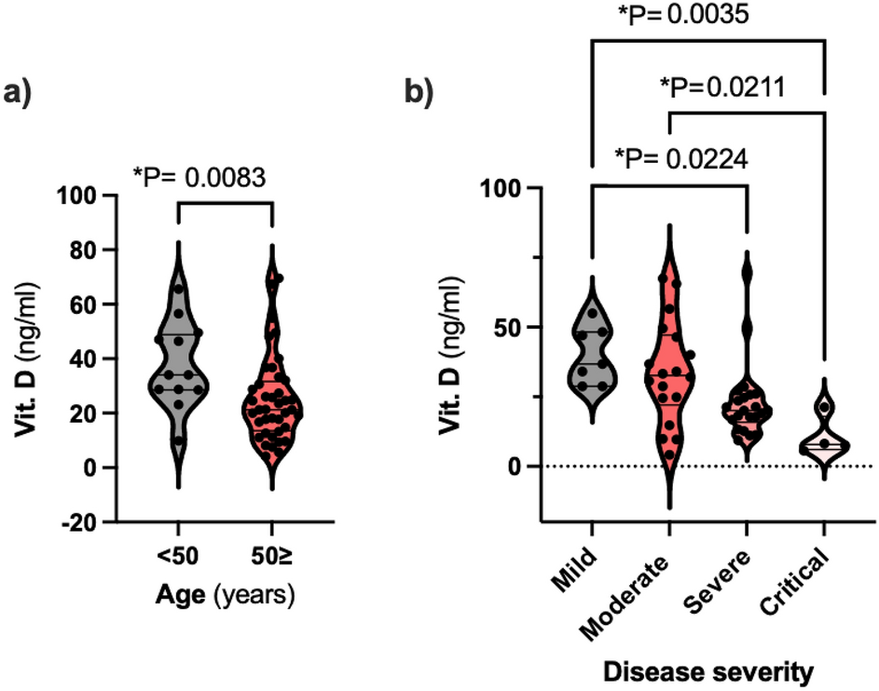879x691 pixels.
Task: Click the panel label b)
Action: [x=419, y=95]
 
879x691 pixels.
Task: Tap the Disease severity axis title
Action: [x=707, y=670]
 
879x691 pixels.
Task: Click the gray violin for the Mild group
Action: [x=592, y=354]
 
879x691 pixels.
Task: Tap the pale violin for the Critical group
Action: [x=825, y=438]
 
